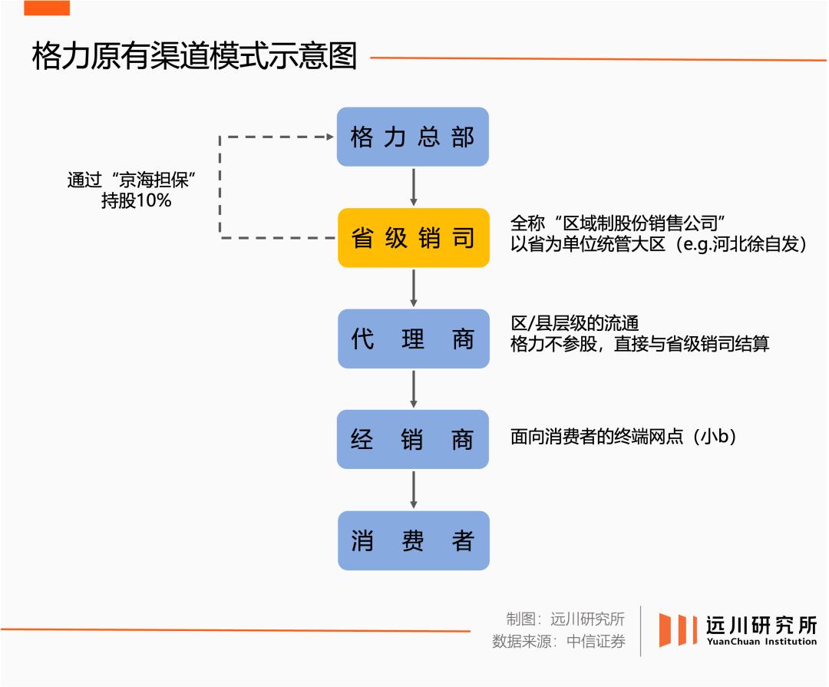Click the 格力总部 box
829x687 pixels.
(x=413, y=137)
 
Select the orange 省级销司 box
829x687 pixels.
(x=413, y=238)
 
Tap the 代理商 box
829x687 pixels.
(x=413, y=339)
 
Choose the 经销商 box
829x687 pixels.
(x=413, y=440)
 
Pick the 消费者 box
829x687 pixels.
(x=413, y=540)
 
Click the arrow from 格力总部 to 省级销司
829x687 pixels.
(x=414, y=187)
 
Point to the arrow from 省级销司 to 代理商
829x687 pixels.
(x=414, y=288)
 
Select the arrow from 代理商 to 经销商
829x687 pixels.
(x=414, y=389)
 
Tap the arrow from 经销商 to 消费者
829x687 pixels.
(x=414, y=490)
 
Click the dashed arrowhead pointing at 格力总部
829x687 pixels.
(x=330, y=137)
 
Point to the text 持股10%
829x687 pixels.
(x=136, y=202)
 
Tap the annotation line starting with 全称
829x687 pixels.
(x=618, y=223)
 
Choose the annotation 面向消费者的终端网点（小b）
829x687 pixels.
(x=623, y=437)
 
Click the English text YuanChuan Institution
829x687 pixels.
(x=761, y=642)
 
